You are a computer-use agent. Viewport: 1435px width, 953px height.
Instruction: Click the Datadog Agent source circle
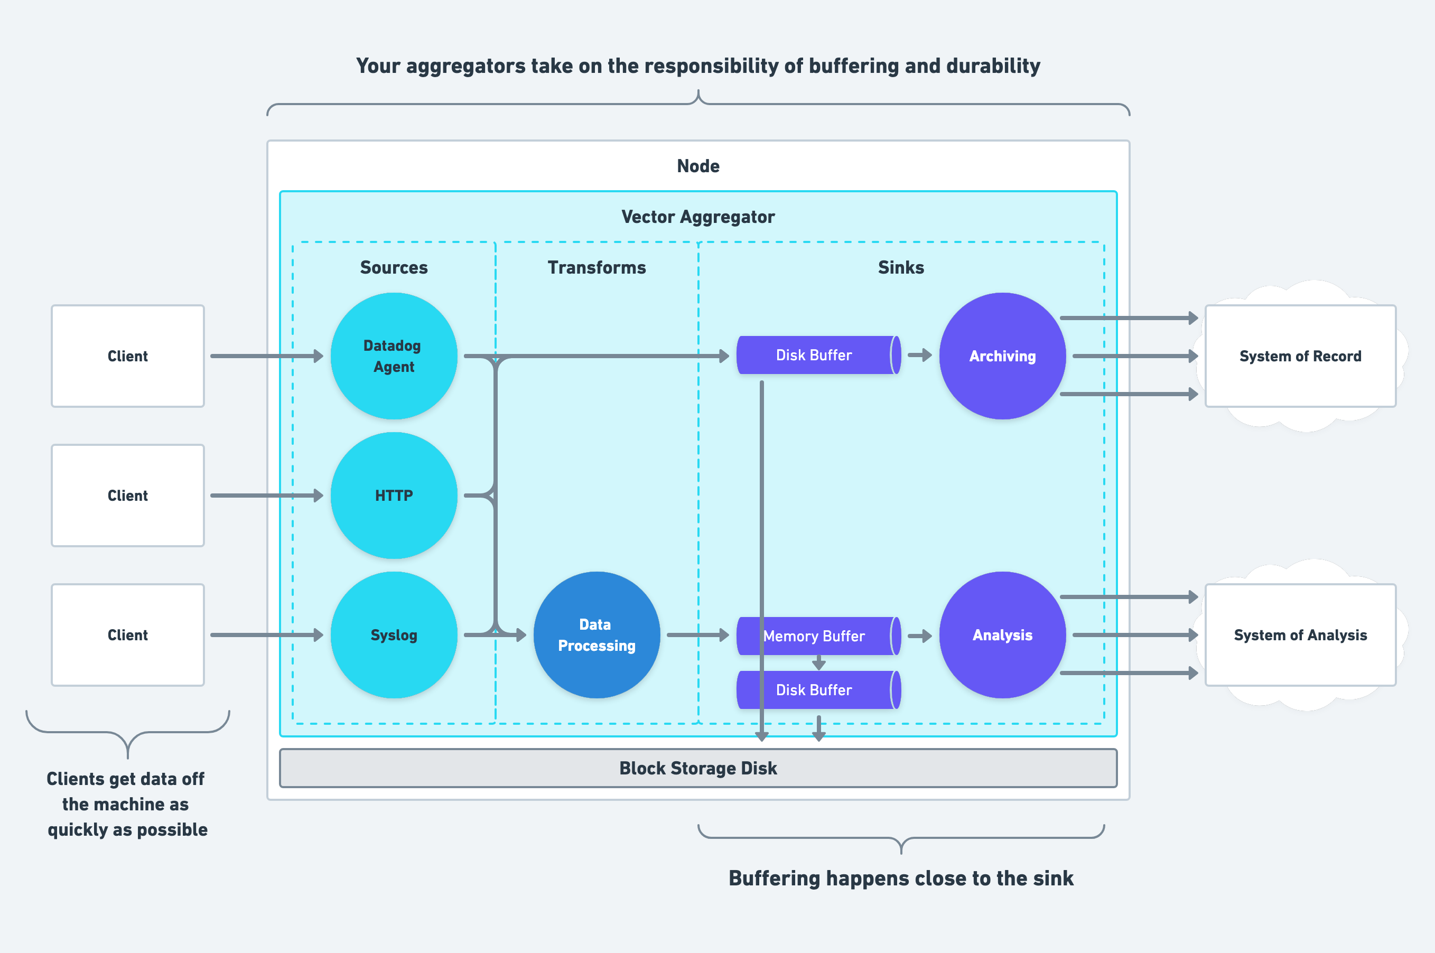394,356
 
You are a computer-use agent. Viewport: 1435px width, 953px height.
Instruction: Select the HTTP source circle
394,496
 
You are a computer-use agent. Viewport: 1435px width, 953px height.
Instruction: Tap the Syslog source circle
394,634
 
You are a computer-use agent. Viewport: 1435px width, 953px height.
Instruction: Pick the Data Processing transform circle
597,634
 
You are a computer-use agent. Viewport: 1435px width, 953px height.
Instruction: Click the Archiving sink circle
1002,356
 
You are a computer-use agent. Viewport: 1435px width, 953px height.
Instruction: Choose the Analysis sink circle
1002,634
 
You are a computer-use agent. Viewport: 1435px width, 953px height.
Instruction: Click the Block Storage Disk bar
698,768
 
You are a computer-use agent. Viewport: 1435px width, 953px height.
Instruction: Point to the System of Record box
1300,356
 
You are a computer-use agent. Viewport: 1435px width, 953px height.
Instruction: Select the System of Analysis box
1300,634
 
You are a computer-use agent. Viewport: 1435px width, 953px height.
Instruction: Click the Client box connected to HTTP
128,496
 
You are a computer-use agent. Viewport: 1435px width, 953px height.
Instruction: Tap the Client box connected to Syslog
128,634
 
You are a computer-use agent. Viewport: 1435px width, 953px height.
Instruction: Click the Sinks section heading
901,267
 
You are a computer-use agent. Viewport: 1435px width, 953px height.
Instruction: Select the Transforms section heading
597,267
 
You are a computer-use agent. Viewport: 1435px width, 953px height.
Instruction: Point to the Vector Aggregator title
698,217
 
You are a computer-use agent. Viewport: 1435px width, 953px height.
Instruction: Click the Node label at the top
698,166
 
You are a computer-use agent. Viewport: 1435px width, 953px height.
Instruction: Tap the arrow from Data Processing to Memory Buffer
698,635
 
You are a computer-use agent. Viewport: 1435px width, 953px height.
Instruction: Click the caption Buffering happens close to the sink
901,878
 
